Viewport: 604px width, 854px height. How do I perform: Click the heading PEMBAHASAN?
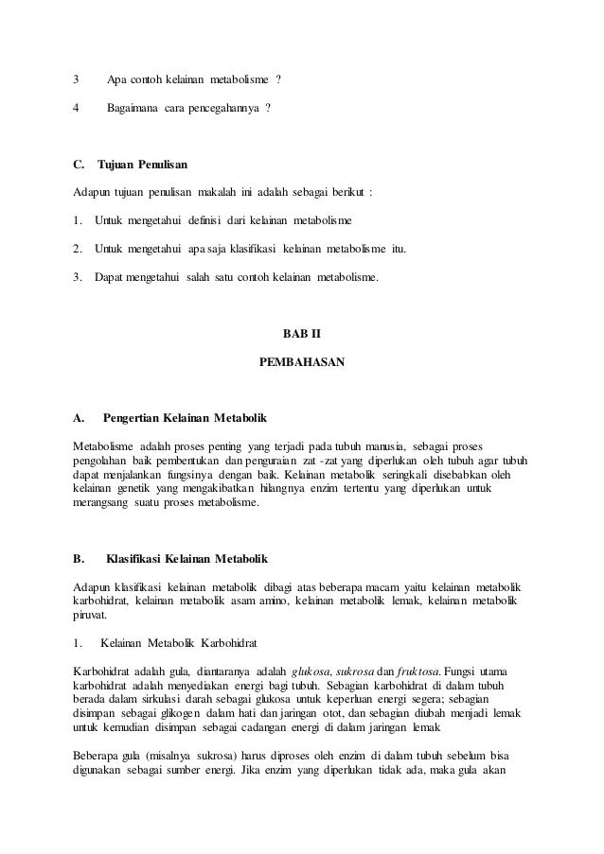coord(302,361)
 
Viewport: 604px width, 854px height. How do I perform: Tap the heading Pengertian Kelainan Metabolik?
coord(187,416)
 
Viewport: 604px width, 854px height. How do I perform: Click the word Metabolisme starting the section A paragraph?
coord(105,445)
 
